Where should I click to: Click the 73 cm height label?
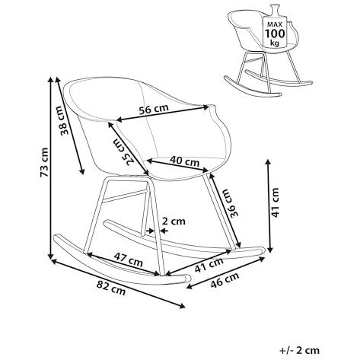coord(43,162)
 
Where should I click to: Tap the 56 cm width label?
coord(154,109)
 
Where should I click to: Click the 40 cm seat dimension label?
coord(184,161)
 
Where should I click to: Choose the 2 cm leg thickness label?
coord(174,221)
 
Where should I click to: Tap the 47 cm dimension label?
coord(128,259)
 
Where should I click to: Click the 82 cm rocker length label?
coord(111,288)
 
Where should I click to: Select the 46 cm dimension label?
coord(225,279)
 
